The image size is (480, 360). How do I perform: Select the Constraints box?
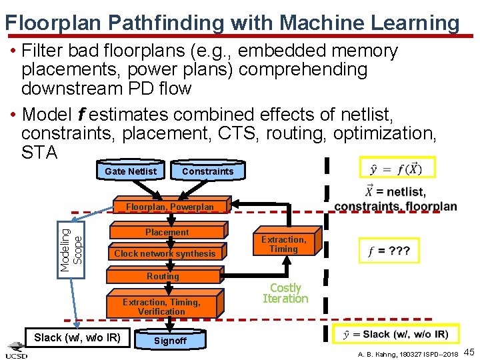tap(207, 171)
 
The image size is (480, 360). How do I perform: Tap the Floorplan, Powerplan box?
tap(171, 207)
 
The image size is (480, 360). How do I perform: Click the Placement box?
tap(167, 232)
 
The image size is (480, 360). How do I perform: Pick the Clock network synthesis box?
tap(165, 253)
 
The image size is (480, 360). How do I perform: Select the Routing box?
tap(163, 276)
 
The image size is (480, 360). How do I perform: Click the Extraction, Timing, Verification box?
tap(161, 307)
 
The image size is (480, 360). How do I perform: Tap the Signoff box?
tap(170, 341)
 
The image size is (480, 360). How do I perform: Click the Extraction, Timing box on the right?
tap(283, 244)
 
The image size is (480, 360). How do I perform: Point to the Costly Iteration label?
tap(285, 293)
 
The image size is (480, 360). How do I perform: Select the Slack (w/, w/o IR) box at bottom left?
tap(77, 337)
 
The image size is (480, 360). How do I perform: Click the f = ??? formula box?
tap(389, 251)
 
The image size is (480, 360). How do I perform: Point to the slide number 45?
tap(469, 351)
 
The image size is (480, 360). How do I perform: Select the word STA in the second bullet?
tap(39, 153)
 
